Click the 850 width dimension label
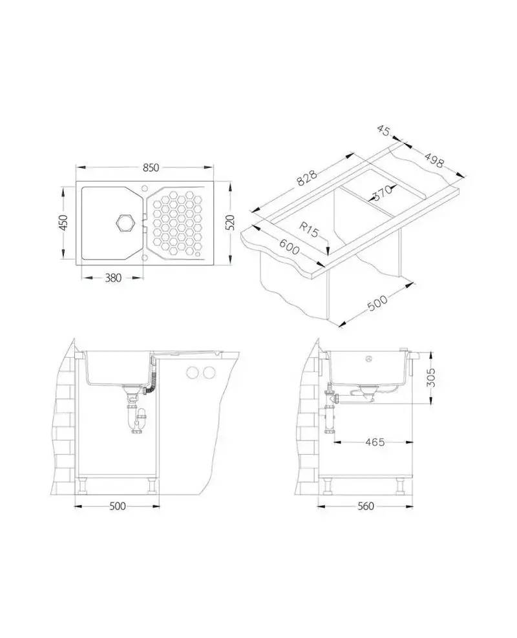pos(151,168)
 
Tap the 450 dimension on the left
pos(63,223)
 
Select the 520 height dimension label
pos(231,222)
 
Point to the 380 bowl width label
pos(113,278)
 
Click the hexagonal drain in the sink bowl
pos(125,222)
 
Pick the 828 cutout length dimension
pos(306,178)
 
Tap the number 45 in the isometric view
pos(384,130)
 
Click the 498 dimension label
pos(434,160)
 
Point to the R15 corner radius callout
pos(308,230)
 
